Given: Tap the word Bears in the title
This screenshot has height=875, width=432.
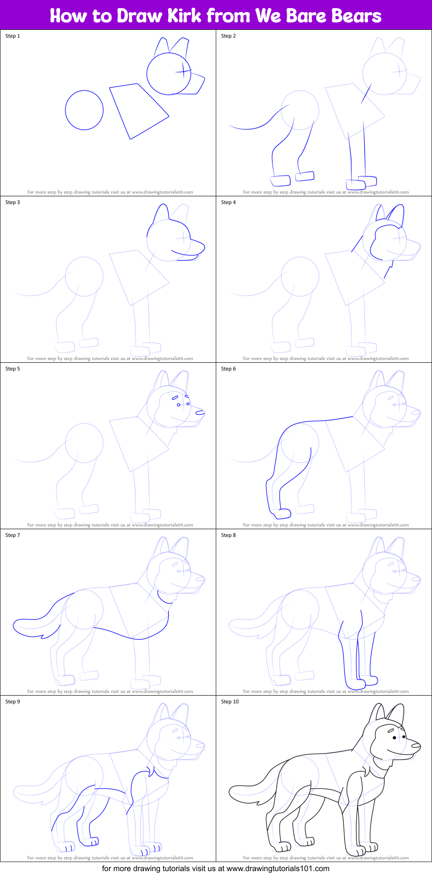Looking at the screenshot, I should point(356,16).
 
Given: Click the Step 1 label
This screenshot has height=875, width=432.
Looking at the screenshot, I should point(13,36).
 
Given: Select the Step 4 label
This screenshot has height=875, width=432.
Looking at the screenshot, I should point(228,202).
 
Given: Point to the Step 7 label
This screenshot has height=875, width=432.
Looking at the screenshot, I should point(13,535).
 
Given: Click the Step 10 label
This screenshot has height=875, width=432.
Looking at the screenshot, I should point(230,702).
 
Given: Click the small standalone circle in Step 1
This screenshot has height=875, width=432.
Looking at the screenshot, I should point(84,110).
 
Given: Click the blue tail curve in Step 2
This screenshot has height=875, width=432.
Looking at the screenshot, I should point(251,129).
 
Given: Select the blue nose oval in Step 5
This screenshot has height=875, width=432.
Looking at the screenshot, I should point(200,413).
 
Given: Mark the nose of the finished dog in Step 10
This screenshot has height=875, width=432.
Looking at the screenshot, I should point(416,746).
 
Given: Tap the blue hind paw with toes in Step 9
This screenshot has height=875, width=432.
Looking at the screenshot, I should point(90,842).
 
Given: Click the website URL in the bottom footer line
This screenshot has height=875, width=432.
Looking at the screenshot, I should point(278,869).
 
